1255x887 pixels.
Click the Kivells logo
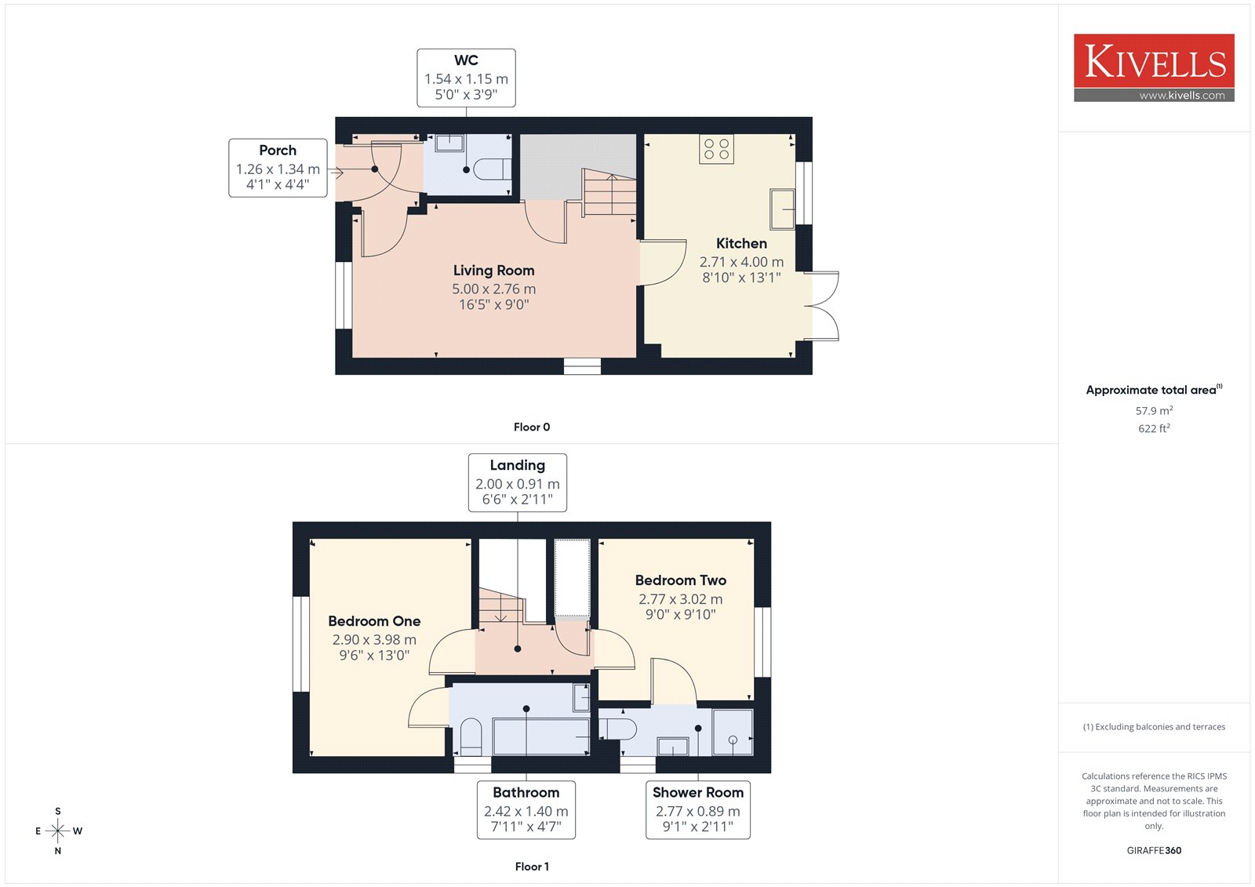click(1154, 67)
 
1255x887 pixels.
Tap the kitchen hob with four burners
click(716, 150)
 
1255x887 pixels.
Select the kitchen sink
click(782, 209)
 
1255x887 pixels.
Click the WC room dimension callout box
click(466, 78)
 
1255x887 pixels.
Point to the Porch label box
click(278, 168)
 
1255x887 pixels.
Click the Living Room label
click(493, 271)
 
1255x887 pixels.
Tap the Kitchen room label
click(741, 243)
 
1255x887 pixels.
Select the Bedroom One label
click(374, 621)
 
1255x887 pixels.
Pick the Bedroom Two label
click(681, 580)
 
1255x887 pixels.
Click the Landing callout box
click(517, 482)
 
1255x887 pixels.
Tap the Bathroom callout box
click(526, 809)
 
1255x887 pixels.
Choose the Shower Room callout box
click(697, 809)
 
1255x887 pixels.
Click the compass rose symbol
click(58, 831)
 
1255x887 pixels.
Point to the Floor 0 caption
click(532, 427)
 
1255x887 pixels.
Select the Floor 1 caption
click(532, 867)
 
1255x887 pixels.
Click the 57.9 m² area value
click(1154, 411)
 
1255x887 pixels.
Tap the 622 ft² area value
click(1154, 429)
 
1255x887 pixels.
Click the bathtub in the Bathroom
click(541, 736)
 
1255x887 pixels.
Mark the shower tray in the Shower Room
click(733, 733)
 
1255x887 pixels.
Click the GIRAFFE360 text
click(1154, 851)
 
